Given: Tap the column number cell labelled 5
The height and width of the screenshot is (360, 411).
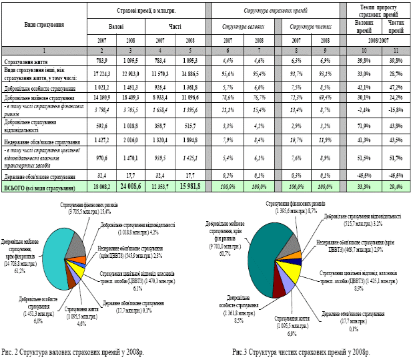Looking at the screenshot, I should coord(191,51).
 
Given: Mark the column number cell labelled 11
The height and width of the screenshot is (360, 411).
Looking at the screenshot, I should coord(395,51).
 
